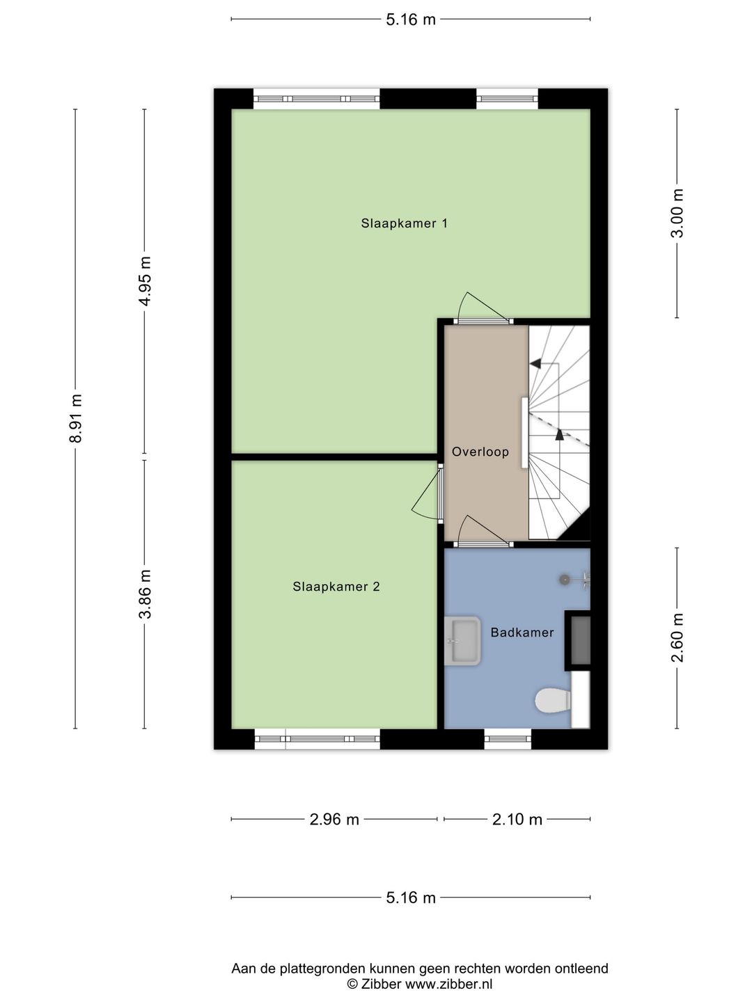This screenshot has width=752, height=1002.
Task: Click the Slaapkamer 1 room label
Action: click(404, 223)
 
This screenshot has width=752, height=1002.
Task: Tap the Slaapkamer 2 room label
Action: click(336, 587)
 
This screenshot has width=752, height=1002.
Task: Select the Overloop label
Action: click(480, 452)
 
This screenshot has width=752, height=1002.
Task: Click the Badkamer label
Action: click(522, 633)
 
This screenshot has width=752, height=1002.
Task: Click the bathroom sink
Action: click(463, 640)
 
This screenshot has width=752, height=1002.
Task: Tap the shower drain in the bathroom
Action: click(565, 579)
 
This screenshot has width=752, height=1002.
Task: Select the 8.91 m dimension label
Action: click(76, 418)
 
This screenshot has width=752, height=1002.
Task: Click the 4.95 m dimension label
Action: click(145, 281)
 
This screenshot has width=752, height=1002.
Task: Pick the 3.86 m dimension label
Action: click(145, 594)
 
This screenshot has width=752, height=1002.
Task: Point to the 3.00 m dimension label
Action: click(677, 213)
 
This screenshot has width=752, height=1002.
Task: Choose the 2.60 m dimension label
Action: click(677, 637)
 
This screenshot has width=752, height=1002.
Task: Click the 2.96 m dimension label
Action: click(334, 819)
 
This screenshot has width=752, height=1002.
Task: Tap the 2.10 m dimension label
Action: click(517, 819)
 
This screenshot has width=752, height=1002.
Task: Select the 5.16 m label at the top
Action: click(411, 19)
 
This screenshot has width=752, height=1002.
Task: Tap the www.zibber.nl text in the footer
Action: click(448, 984)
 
